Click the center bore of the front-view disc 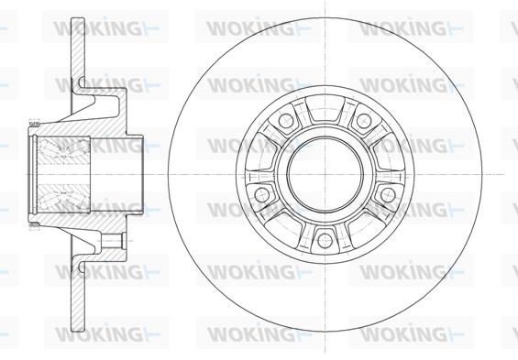[325, 175]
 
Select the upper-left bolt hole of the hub [286, 121]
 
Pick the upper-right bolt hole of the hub [364, 121]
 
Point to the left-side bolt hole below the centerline [262, 195]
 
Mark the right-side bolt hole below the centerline [388, 195]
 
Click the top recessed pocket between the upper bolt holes [325, 109]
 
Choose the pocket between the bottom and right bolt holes [368, 228]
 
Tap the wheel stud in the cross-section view [114, 241]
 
